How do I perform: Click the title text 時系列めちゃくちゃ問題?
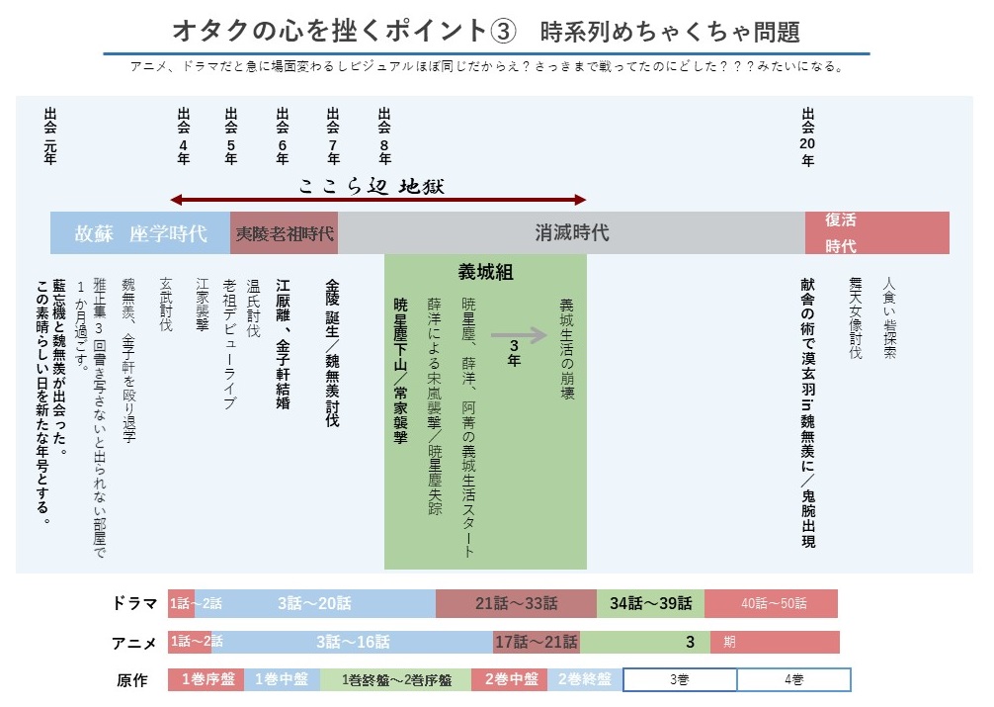tap(670, 31)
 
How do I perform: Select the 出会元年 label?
tap(50, 136)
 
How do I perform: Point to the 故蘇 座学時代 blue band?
tap(140, 233)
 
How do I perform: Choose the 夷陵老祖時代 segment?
tap(285, 234)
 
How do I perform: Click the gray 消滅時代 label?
tap(572, 233)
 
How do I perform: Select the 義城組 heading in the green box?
tap(485, 272)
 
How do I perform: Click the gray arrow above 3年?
tap(518, 334)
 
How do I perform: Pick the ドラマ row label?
tap(134, 603)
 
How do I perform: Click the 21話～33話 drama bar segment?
tap(516, 603)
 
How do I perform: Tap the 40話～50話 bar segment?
tap(772, 603)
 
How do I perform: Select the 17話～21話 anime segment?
tap(537, 642)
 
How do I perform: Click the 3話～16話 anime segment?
tap(353, 642)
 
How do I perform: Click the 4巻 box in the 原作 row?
tap(793, 680)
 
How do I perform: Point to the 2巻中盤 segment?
tap(510, 680)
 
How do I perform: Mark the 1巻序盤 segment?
tap(207, 680)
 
